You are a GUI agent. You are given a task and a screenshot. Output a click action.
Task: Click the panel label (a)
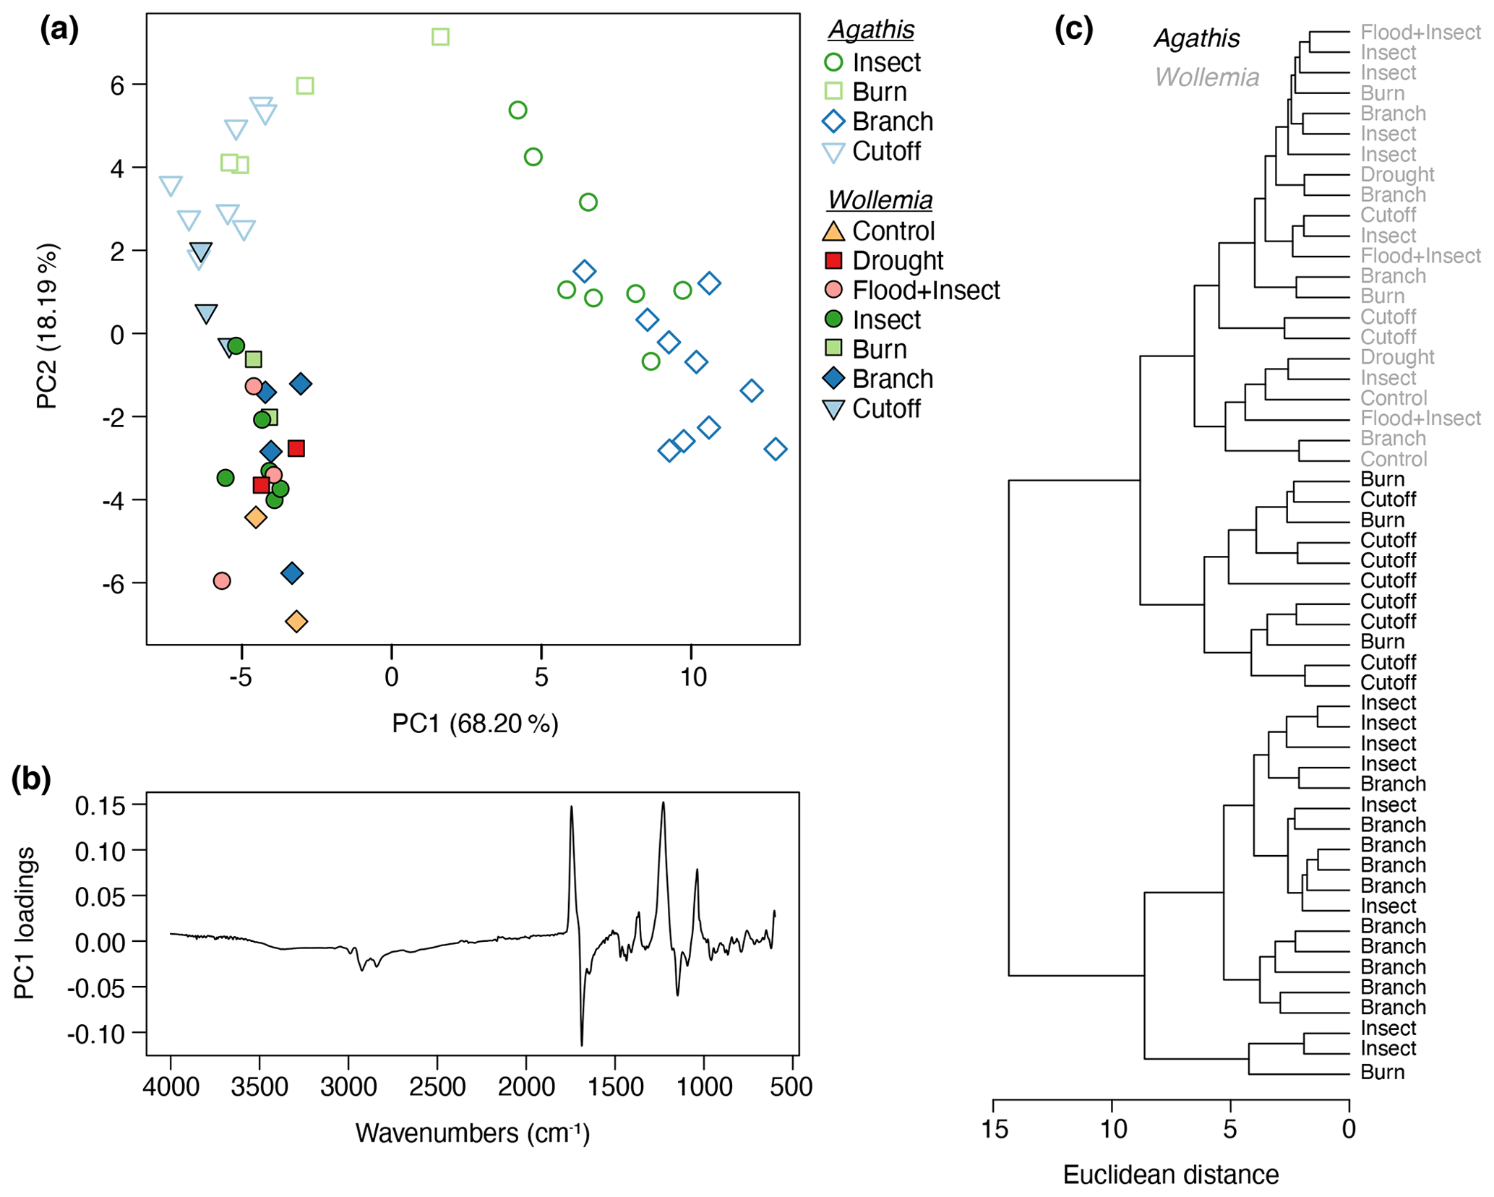pos(59,30)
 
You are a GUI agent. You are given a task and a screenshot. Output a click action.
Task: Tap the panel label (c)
pos(1073,30)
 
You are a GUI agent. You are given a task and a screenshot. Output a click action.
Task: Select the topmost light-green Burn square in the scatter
pos(440,37)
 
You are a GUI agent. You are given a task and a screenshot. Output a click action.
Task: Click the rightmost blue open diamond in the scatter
pos(775,449)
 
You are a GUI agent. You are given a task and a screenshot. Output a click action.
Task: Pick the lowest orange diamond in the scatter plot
pos(296,621)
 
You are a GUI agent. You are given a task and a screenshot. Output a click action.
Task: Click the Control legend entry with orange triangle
pos(893,231)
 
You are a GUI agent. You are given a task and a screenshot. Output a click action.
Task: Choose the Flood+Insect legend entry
pos(926,290)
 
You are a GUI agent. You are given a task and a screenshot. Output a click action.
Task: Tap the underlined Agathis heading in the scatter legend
pos(871,30)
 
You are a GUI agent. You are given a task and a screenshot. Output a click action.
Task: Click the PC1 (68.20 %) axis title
pos(475,724)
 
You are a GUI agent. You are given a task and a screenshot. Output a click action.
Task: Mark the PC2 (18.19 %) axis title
pos(48,327)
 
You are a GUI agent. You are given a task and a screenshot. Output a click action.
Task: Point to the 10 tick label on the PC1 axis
pos(692,677)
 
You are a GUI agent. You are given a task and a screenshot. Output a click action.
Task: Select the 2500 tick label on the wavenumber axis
pos(437,1086)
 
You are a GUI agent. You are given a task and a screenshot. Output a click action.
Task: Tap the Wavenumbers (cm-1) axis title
pos(473,1133)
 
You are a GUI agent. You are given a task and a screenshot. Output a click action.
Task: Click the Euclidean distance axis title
pos(1170,1175)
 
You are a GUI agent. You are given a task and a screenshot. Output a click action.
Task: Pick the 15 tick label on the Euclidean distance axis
pos(994,1129)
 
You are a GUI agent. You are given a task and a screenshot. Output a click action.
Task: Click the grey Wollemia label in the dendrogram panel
pos(1206,77)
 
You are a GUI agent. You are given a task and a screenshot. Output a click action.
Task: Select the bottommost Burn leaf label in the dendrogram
pos(1382,1072)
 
